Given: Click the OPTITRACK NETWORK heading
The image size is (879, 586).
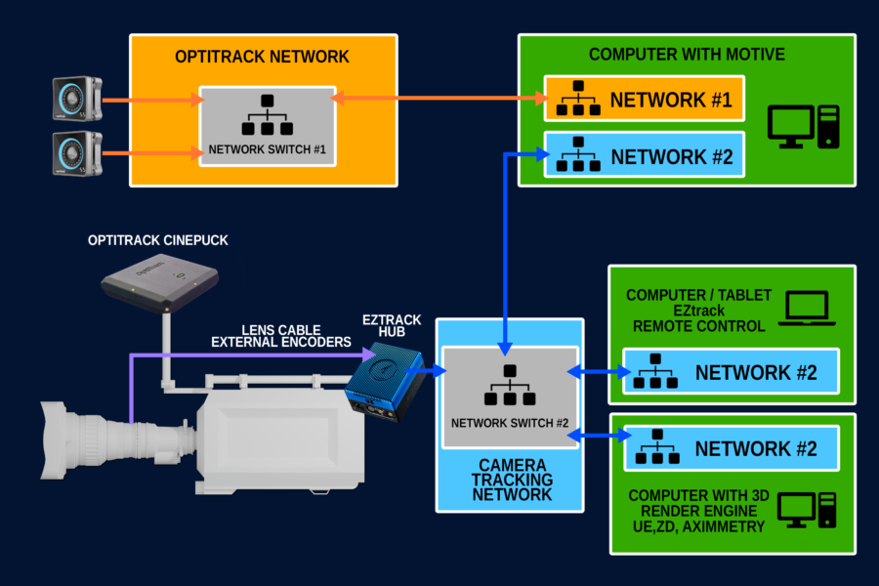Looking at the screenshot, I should click(x=263, y=58).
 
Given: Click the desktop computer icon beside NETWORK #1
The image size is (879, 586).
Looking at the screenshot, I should click(x=803, y=126).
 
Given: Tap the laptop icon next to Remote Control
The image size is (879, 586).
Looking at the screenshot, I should click(x=806, y=310).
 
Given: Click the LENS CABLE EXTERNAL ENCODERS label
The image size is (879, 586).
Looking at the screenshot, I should click(x=280, y=335).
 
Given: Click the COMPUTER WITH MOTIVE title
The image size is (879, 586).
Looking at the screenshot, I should click(x=687, y=54).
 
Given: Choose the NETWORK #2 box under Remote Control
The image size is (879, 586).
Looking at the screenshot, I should click(x=732, y=372).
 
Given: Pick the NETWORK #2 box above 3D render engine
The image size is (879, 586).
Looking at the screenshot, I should click(x=732, y=449).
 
